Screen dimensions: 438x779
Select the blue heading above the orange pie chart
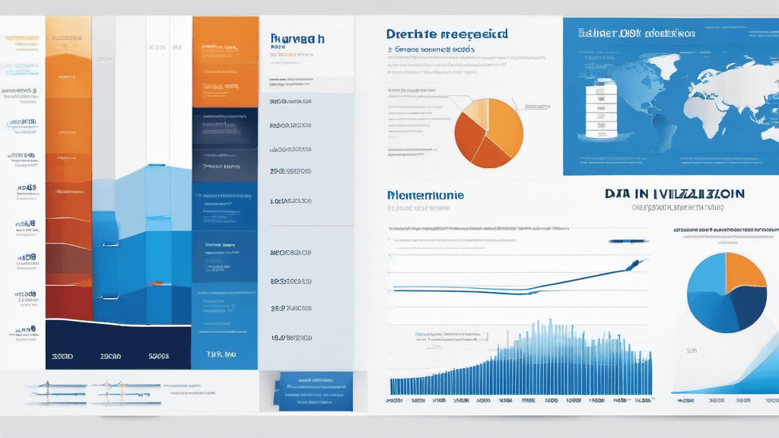coord(447,34)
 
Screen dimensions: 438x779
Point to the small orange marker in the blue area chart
coord(155,284)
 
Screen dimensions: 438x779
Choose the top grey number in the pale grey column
coord(292,100)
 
